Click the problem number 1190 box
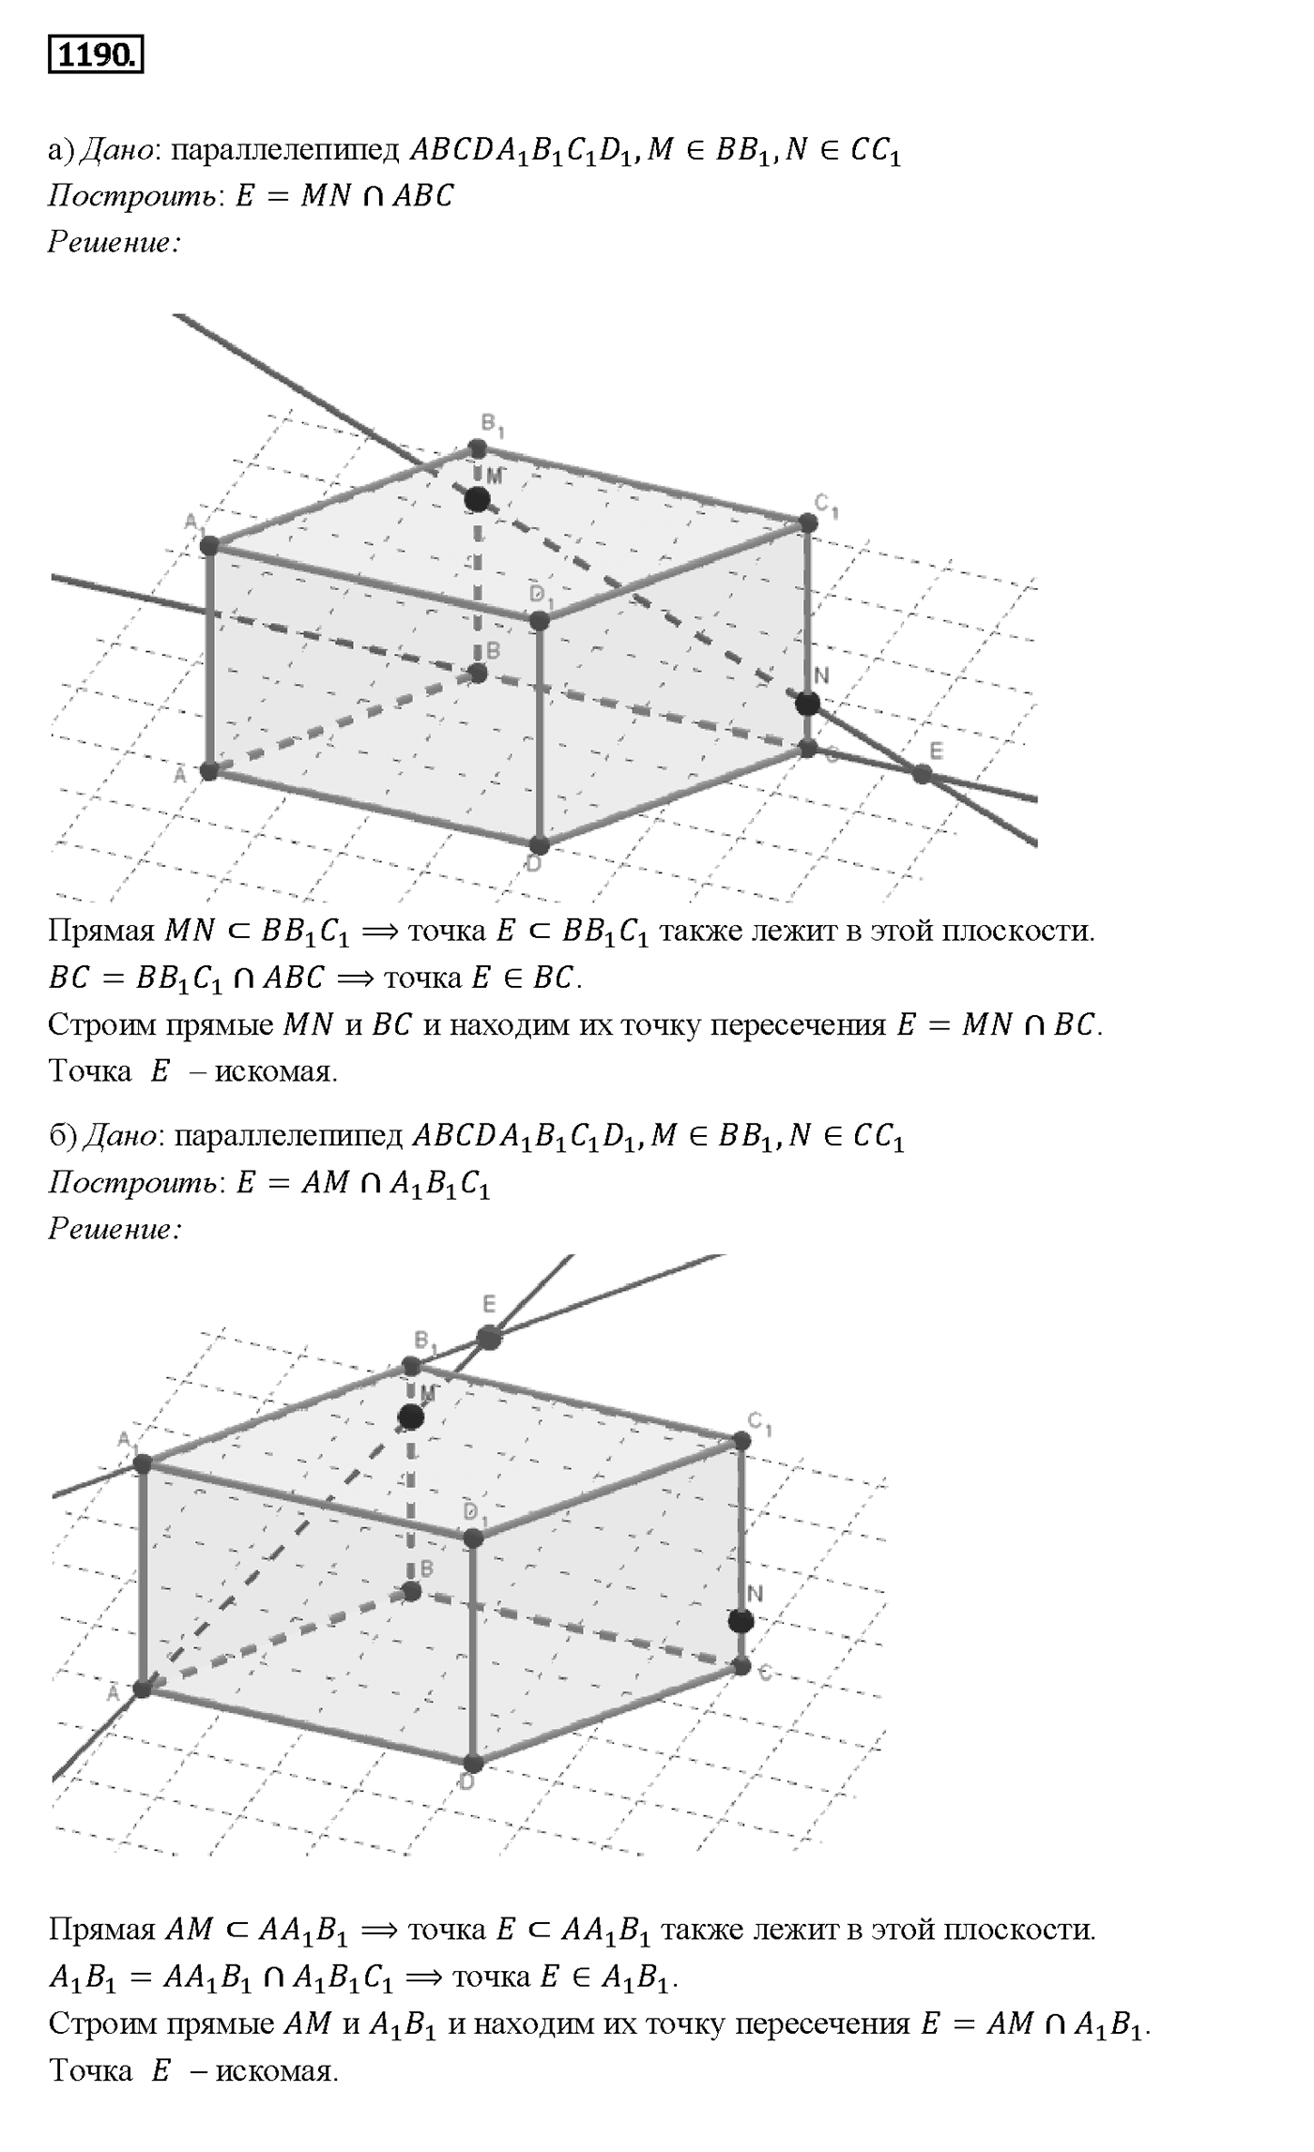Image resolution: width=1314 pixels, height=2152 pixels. click(x=96, y=55)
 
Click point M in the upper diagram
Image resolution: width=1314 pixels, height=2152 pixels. click(x=478, y=499)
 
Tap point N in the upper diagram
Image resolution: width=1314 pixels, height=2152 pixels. click(x=807, y=704)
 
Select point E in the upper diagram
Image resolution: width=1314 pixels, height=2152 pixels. click(x=923, y=774)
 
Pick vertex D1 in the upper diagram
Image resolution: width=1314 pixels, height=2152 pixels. click(x=539, y=621)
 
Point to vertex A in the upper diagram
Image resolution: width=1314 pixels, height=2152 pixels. click(x=209, y=771)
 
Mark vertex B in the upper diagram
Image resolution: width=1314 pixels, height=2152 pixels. click(x=478, y=674)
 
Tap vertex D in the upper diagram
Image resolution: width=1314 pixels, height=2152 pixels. click(x=539, y=844)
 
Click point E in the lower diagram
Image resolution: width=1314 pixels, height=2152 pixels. click(x=489, y=1337)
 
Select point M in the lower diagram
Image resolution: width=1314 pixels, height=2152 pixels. click(x=410, y=1417)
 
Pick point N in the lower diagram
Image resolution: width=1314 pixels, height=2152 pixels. click(x=741, y=1621)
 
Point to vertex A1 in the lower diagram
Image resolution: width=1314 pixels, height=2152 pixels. click(x=143, y=1463)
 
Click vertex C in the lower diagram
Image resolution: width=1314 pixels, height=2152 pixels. click(x=741, y=1666)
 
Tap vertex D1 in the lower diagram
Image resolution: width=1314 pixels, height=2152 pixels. click(x=473, y=1538)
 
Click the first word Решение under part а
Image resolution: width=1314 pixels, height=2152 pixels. click(x=114, y=243)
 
